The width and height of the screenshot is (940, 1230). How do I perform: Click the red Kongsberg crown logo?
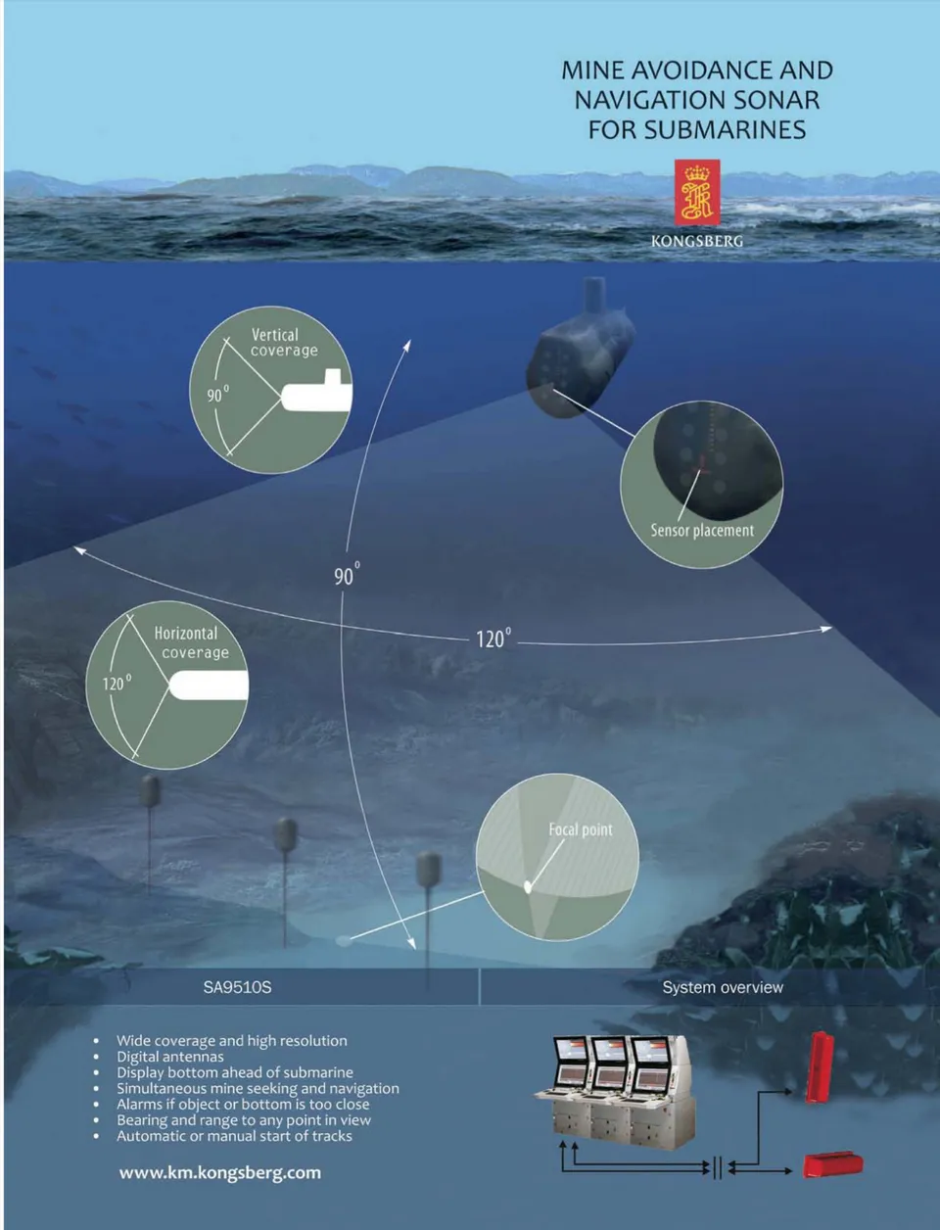697,192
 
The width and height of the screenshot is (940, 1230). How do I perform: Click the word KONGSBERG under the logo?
697,241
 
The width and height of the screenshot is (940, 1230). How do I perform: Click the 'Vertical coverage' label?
283,342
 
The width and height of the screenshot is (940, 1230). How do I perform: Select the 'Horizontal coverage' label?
190,642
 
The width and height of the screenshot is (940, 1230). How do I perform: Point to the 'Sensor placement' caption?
702,531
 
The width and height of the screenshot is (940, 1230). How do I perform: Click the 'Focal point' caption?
580,829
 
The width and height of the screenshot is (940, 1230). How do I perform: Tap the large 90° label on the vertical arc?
347,575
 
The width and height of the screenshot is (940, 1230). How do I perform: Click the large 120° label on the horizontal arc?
493,639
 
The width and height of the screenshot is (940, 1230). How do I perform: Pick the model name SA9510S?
237,987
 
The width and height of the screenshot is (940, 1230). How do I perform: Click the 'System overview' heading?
723,987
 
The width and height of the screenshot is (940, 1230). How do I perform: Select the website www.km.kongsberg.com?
219,1172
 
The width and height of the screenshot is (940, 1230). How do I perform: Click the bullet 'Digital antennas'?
170,1057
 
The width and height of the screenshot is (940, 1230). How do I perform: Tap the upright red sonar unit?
819,1066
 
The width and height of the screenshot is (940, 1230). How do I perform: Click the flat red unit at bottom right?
832,1164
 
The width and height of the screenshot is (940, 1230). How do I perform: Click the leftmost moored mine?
150,790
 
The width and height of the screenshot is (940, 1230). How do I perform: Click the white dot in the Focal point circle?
528,887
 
